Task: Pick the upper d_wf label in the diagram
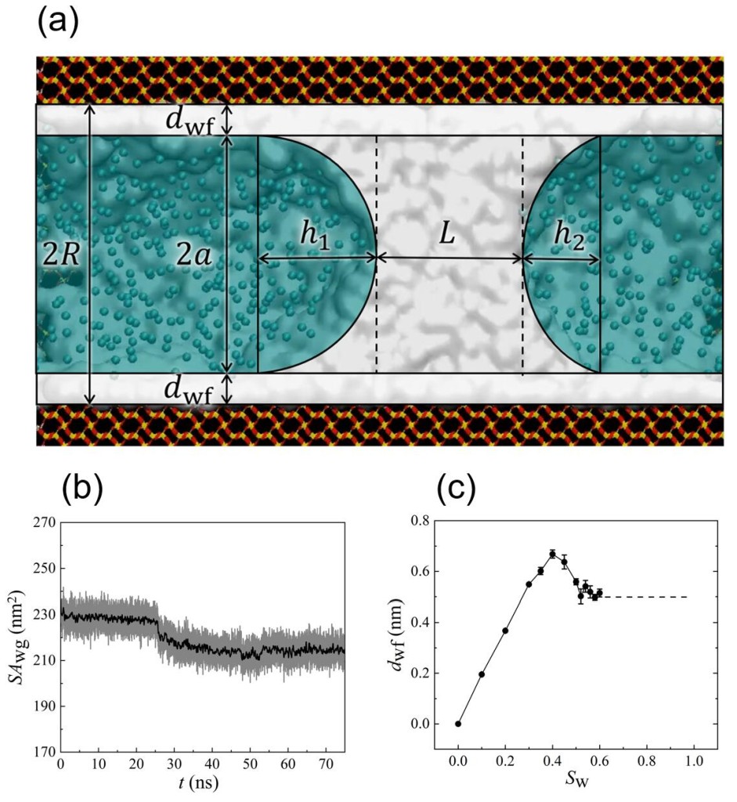point(189,120)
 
